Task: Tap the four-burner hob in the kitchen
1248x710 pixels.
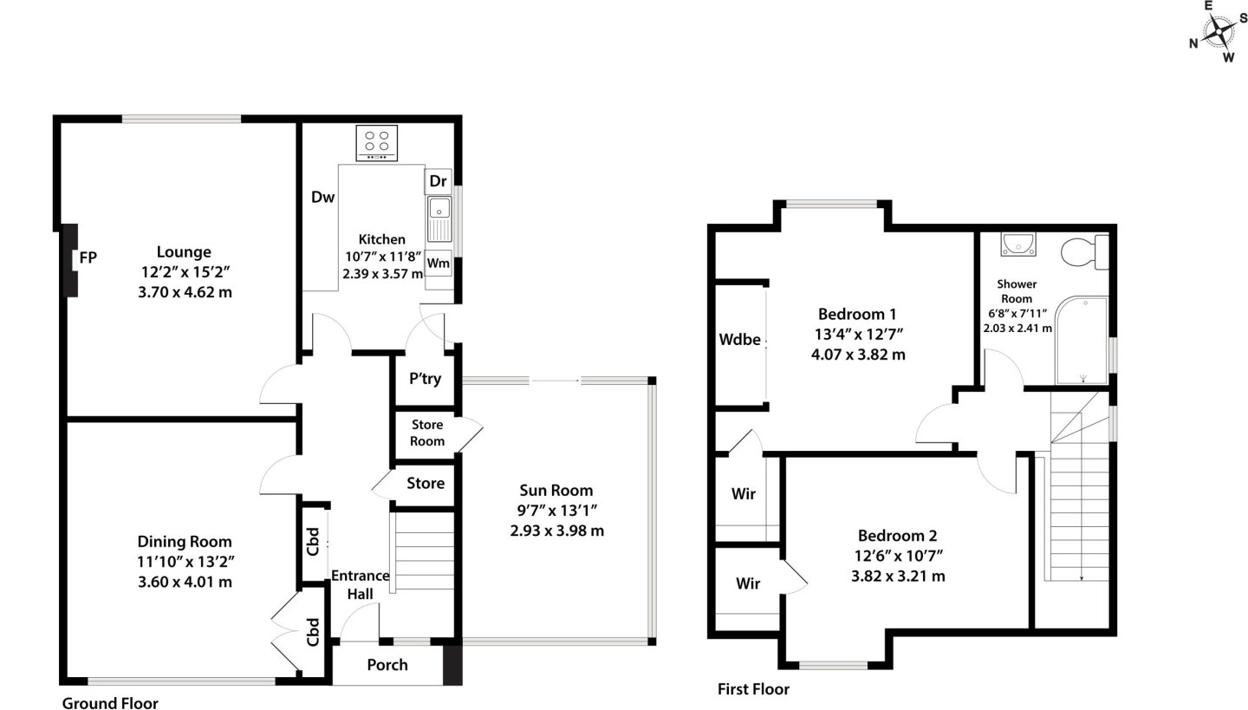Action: tap(377, 143)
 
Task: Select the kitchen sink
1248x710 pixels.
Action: tap(439, 218)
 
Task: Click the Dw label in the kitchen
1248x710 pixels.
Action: tap(322, 197)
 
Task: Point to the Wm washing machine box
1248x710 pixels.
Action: tap(438, 263)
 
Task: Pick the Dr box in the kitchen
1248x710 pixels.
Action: tap(438, 181)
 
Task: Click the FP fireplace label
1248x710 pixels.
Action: tap(88, 257)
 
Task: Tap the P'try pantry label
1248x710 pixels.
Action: tap(425, 379)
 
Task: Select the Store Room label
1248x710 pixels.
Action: tap(427, 433)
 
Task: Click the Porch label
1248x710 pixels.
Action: tap(387, 665)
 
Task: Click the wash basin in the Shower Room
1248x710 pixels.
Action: tap(1017, 244)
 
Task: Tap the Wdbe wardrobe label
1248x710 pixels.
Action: tap(739, 340)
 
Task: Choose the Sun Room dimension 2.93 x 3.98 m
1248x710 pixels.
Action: tap(556, 531)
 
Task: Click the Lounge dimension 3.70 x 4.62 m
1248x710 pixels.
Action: tap(185, 292)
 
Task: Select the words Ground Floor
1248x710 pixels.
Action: tap(110, 703)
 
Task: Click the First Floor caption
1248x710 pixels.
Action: tap(753, 689)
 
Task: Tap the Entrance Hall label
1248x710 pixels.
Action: tap(361, 584)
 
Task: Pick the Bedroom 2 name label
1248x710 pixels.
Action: tap(898, 536)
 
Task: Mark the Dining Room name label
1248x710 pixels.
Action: tap(185, 542)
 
